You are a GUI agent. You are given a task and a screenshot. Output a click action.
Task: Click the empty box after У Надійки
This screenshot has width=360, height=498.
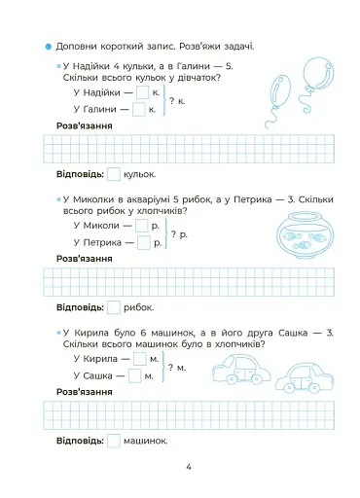click(x=140, y=92)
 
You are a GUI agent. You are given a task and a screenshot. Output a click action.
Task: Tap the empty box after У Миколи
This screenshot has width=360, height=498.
click(x=142, y=226)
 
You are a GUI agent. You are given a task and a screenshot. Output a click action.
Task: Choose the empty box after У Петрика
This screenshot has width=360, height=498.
click(x=142, y=242)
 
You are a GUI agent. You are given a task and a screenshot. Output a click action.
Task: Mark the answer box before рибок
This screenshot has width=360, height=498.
click(x=114, y=307)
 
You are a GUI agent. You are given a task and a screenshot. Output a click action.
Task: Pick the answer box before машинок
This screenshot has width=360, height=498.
click(x=114, y=441)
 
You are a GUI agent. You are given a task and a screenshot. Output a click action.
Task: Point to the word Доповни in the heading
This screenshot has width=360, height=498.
click(x=77, y=46)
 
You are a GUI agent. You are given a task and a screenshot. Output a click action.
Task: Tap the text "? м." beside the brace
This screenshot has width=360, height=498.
click(x=176, y=368)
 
